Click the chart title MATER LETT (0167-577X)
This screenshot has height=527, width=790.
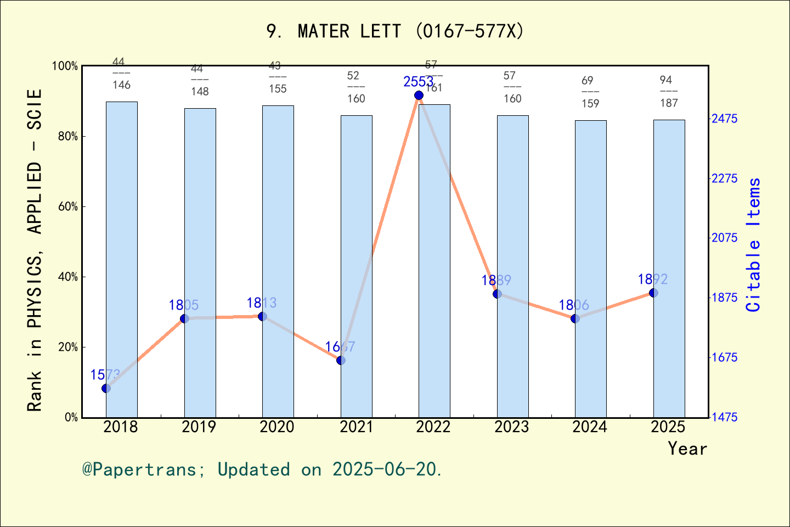[x=395, y=31]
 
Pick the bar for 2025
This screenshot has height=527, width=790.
[x=669, y=268]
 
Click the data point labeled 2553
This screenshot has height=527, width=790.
[x=419, y=96]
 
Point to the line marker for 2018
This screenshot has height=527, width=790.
[x=106, y=388]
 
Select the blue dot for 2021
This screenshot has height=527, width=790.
[x=341, y=360]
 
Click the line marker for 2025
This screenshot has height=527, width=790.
[x=653, y=293]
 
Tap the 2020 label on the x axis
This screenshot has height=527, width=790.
[x=277, y=427]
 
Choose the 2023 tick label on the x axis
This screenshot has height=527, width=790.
[x=511, y=427]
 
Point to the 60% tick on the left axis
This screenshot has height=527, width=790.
[x=69, y=207]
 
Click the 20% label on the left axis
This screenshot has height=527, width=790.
[x=69, y=347]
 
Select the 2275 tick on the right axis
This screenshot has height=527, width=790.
[x=725, y=178]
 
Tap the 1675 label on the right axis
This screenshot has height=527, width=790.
[x=725, y=357]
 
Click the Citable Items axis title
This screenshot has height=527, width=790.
[x=754, y=244]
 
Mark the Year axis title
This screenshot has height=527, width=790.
[x=687, y=449]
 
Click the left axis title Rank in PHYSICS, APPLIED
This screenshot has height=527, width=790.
[x=35, y=250]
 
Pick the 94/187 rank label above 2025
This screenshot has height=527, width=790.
[x=669, y=92]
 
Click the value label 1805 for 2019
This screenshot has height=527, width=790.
[x=184, y=305]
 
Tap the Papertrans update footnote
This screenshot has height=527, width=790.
[x=262, y=470]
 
